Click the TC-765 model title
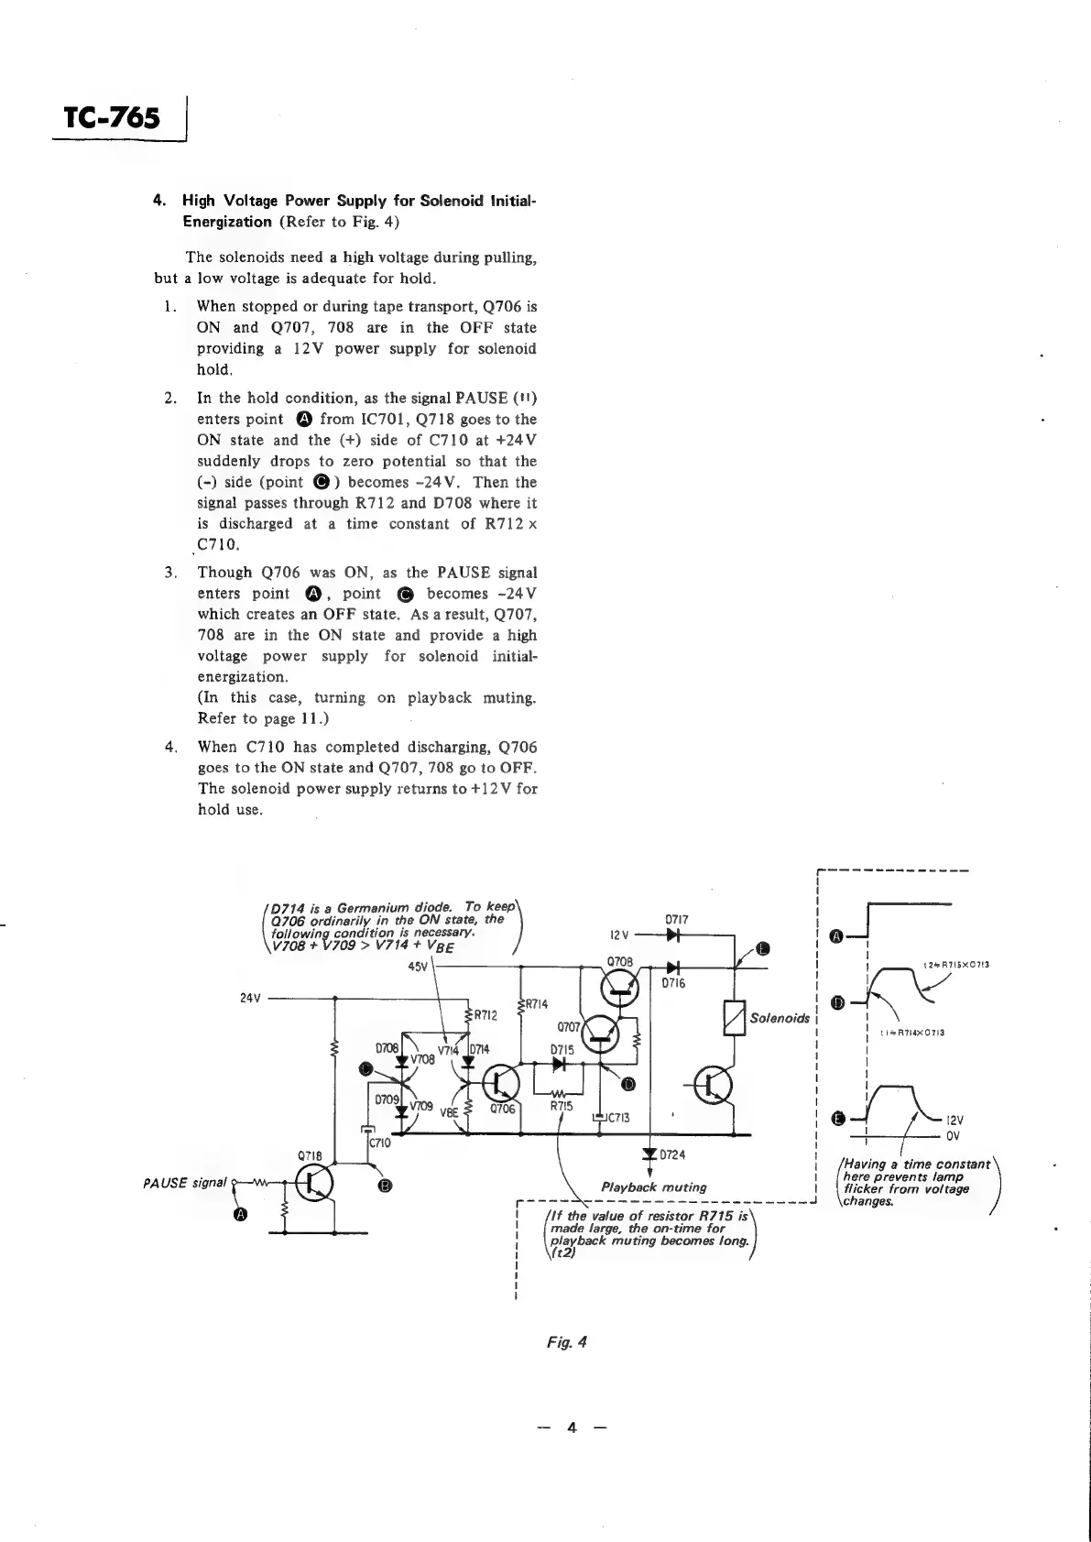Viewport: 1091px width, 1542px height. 112,118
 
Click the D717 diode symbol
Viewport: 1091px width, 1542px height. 673,935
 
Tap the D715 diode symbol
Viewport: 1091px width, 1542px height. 561,1065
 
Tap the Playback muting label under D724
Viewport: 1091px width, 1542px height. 653,1187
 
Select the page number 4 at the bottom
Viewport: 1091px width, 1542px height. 572,1427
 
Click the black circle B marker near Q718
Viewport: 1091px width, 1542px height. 386,1187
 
